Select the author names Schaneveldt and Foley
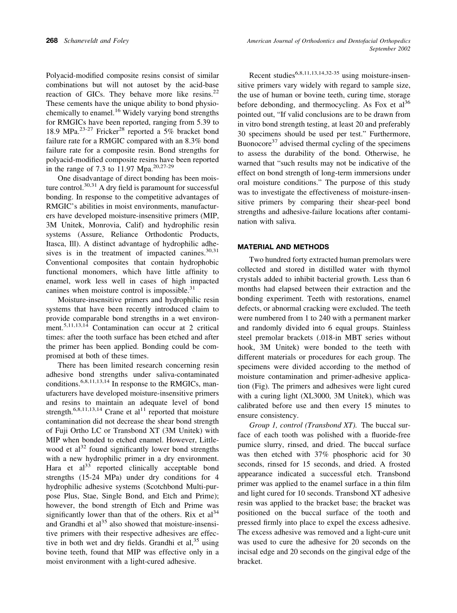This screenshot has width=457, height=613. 96,41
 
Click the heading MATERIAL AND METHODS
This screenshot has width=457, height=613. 283,247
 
